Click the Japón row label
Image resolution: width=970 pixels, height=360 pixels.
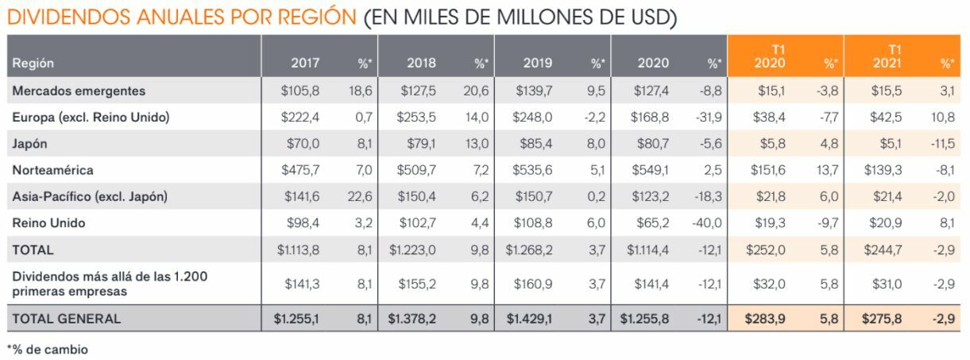pos(29,144)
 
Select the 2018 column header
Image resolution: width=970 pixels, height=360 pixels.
pos(421,63)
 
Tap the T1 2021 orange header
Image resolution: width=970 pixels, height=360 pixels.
pos(887,56)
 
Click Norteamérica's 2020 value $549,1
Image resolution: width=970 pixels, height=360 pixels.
pos(651,170)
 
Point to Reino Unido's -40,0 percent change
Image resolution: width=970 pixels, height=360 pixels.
pos(707,223)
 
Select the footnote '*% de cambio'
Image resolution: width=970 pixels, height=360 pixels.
pos(47,349)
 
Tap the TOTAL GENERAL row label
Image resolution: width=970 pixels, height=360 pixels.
pos(66,319)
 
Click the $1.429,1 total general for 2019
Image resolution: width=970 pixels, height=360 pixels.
pos(529,319)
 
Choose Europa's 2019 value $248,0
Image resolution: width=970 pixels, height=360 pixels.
pos(533,118)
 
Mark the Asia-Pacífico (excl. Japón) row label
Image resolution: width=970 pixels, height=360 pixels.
pos(90,196)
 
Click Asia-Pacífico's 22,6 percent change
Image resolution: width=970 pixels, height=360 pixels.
pos(359,196)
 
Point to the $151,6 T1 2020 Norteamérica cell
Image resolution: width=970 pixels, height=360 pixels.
pos(767,170)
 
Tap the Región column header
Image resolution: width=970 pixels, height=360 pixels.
pos(33,64)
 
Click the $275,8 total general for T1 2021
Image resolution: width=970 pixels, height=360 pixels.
pos(883,319)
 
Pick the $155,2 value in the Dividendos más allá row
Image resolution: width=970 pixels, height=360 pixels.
pos(416,284)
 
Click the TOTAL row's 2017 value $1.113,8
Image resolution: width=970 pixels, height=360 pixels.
pos(298,250)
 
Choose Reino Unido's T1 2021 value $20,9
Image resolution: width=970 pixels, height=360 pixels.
pos(887,223)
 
